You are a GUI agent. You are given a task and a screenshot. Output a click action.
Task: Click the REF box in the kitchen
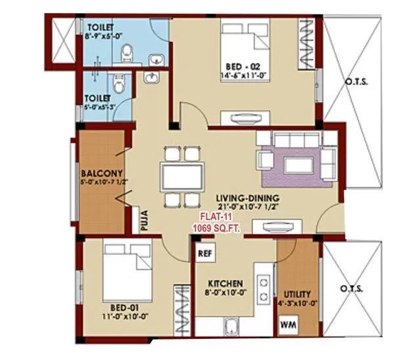[x=204, y=251]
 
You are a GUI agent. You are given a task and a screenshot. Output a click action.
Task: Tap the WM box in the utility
[x=288, y=325]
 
